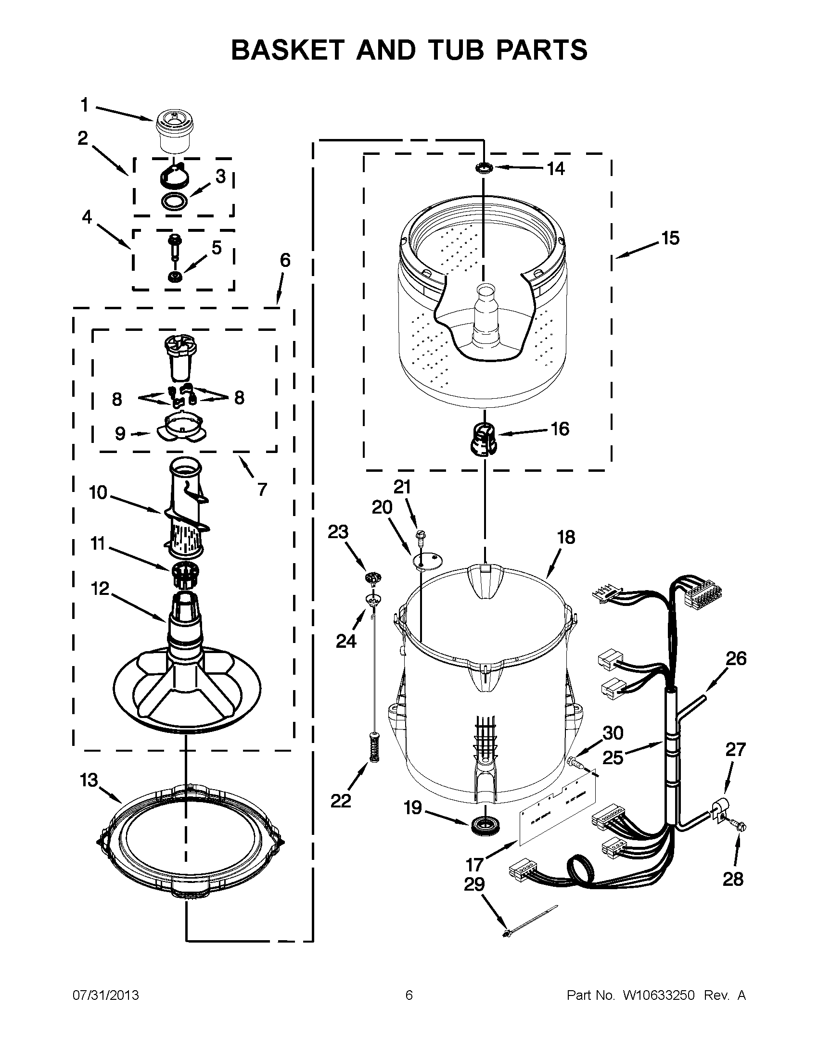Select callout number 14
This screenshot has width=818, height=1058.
[x=556, y=169]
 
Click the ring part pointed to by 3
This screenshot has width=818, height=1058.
[x=175, y=201]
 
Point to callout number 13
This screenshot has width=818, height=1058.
[x=89, y=781]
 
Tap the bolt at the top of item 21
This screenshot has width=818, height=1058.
[x=420, y=535]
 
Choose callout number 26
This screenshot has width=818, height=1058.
[x=736, y=659]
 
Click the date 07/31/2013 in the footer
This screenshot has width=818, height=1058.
[x=106, y=995]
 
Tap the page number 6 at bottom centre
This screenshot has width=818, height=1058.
[x=409, y=995]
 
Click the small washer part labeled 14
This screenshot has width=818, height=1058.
[x=484, y=168]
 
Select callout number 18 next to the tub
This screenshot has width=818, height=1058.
[x=566, y=537]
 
